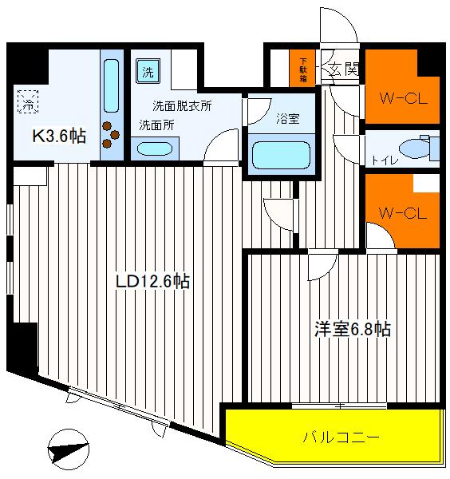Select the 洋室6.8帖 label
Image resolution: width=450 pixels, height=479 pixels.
tap(351, 328)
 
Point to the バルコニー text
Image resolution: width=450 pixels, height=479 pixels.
tap(340, 437)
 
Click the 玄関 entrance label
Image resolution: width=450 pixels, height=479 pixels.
tap(345, 69)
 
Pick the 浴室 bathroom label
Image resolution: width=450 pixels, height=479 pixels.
tap(288, 119)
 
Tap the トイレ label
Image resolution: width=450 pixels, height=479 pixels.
tap(381, 159)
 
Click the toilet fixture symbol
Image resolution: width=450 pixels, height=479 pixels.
tap(415, 148)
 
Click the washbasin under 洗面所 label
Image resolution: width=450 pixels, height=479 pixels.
tap(154, 148)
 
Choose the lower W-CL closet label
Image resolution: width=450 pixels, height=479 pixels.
tap(401, 213)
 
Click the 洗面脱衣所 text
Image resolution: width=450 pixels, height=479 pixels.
tap(182, 105)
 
